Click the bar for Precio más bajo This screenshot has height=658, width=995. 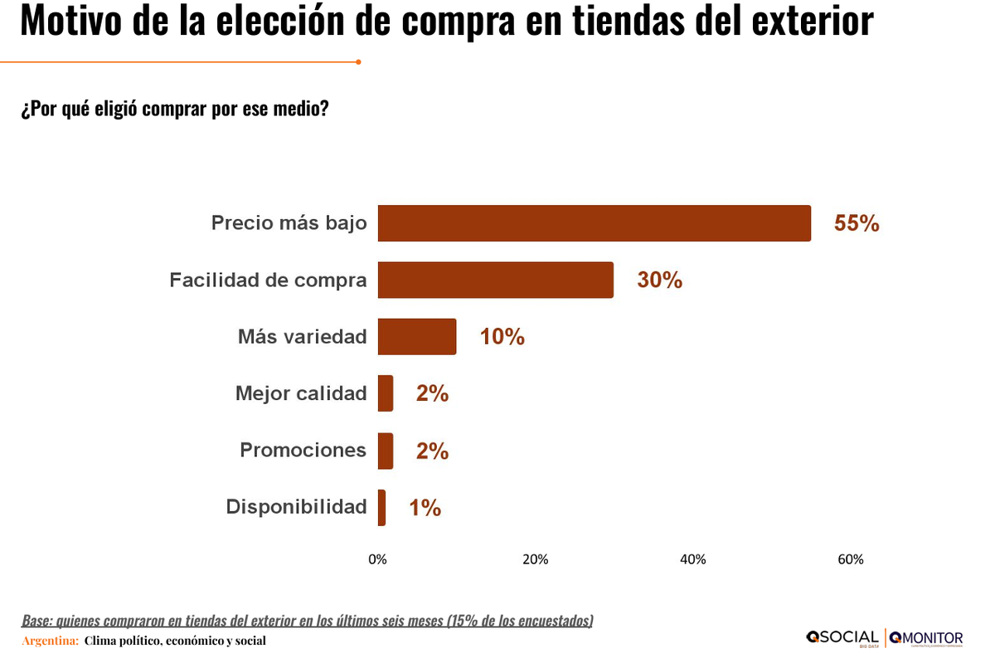click(x=594, y=223)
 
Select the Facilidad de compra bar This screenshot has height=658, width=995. click(x=495, y=280)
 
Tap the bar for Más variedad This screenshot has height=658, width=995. click(x=416, y=336)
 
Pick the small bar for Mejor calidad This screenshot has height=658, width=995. click(x=386, y=393)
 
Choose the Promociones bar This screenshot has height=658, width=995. click(x=386, y=451)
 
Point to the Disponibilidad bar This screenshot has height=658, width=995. click(x=382, y=507)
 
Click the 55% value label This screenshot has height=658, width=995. click(x=857, y=224)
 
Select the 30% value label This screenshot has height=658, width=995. click(x=659, y=280)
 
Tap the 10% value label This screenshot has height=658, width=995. click(x=502, y=337)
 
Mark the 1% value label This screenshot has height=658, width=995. click(x=425, y=508)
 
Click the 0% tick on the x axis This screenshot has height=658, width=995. click(x=377, y=559)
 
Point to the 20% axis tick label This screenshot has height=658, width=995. click(x=535, y=559)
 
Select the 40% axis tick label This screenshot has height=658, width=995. click(x=693, y=559)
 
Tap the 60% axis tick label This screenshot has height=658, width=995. click(x=851, y=559)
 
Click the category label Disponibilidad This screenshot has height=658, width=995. click(x=296, y=507)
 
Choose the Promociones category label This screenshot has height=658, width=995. click(x=303, y=450)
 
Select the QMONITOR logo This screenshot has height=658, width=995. click(x=926, y=637)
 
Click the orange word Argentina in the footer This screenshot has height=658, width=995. click(x=50, y=641)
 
